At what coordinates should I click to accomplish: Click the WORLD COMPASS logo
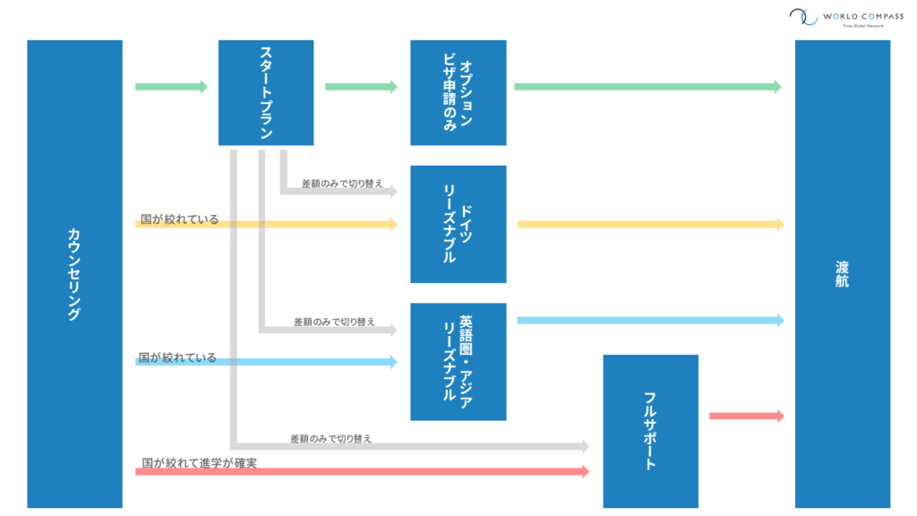coord(840,18)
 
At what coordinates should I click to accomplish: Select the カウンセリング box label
coord(74,274)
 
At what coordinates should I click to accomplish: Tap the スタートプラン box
coord(266,92)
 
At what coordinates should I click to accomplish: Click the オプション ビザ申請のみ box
coord(458,92)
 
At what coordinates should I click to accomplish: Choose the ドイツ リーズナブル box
coord(458,224)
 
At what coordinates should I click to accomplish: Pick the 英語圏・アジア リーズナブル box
coord(458,361)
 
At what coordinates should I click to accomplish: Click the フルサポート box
coord(650,431)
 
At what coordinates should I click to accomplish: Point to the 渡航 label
coord(842,274)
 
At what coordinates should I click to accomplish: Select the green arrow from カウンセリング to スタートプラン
coord(171,87)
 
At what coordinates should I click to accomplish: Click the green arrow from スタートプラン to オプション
coord(361,87)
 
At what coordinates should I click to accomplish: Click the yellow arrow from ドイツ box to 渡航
coord(649,224)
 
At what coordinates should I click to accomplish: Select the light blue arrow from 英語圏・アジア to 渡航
coord(649,320)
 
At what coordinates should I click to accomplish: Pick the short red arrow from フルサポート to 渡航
coord(746,416)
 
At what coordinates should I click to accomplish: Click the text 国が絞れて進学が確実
coord(206,463)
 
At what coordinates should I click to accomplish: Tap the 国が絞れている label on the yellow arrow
coord(179,219)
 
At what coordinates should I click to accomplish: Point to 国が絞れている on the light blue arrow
coord(177,357)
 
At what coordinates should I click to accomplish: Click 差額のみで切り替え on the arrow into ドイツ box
coord(342,183)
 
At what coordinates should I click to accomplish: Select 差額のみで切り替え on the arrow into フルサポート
coord(330,439)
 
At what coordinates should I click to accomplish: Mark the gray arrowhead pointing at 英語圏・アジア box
coord(391,330)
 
